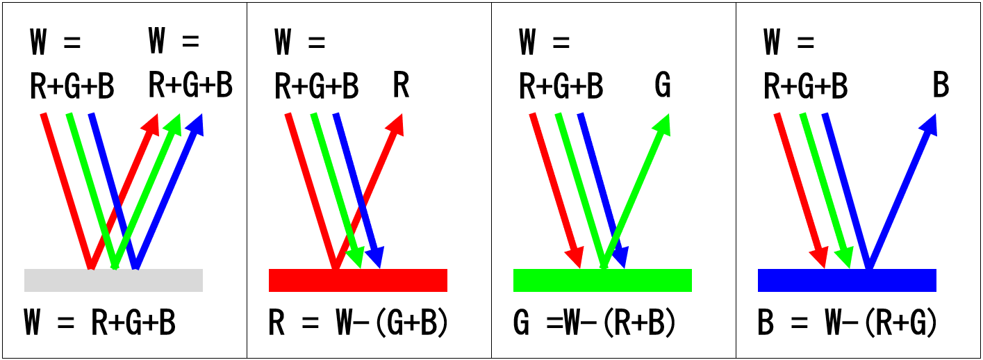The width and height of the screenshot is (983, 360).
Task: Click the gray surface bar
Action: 113,280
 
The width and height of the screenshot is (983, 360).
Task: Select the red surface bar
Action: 358,280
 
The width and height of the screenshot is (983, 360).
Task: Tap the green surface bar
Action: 602,280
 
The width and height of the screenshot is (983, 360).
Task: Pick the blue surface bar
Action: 847,280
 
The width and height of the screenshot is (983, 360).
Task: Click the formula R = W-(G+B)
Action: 358,324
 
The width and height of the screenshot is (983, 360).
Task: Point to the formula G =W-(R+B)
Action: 595,324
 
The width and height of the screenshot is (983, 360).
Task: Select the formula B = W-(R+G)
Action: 848,324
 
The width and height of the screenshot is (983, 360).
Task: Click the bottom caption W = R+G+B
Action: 99,324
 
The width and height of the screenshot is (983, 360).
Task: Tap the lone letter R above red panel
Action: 401,86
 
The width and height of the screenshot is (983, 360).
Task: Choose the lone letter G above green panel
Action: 663,86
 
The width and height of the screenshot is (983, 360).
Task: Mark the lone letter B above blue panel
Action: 941,86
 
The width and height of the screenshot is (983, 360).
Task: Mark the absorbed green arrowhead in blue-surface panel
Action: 845,258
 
